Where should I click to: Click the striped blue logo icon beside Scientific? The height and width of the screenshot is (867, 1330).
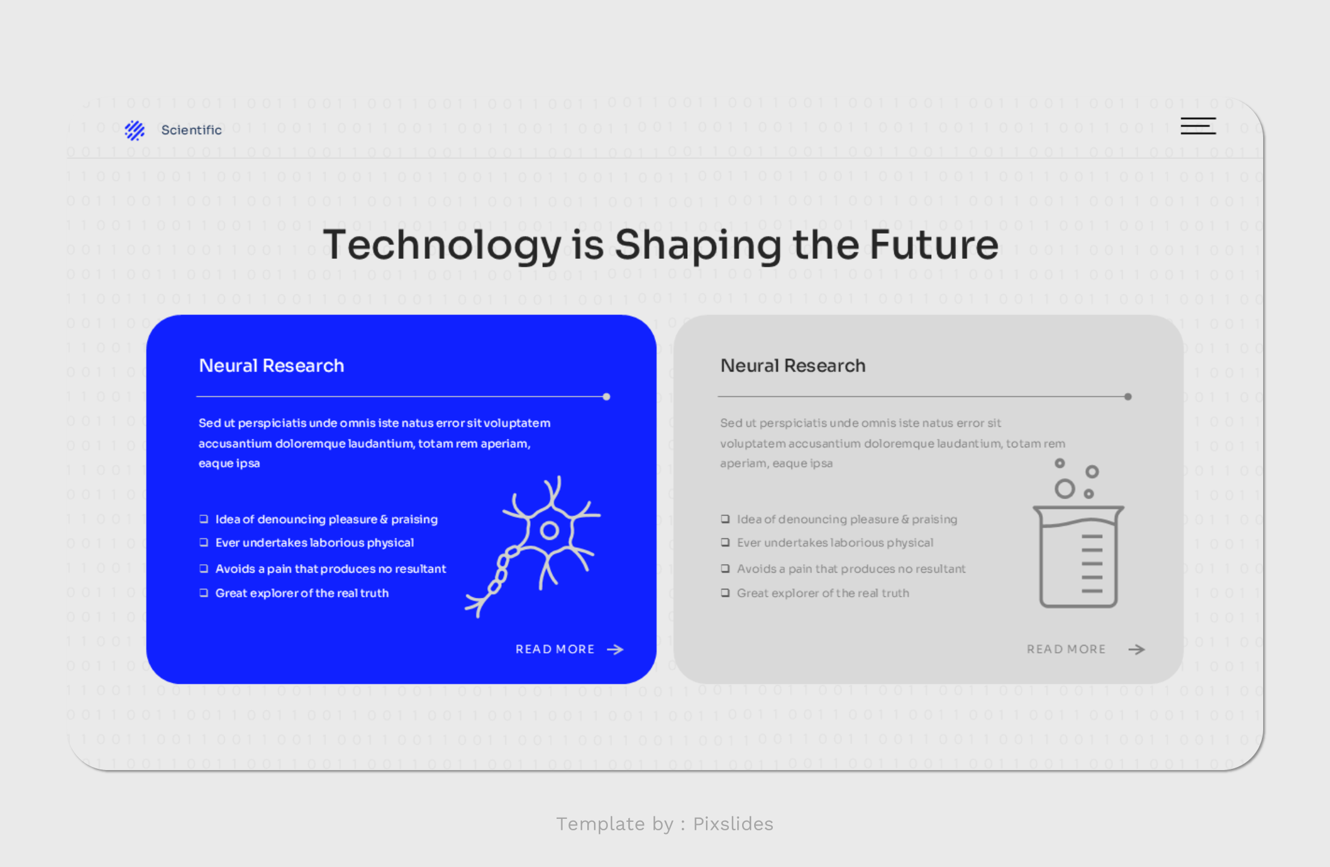point(134,130)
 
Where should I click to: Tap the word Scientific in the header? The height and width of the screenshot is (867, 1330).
point(192,130)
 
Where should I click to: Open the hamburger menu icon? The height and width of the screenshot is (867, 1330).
point(1197,126)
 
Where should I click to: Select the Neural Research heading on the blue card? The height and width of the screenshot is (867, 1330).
point(271,365)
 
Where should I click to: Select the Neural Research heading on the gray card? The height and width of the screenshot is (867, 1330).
point(793,365)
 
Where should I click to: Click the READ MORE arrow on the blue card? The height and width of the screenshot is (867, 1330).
point(615,649)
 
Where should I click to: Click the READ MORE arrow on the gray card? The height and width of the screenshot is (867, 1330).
point(1137,649)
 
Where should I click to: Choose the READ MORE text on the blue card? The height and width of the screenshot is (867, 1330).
point(555,649)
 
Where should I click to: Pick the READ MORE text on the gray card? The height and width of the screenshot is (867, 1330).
point(1066,649)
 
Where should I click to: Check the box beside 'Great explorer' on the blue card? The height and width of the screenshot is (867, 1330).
point(204,593)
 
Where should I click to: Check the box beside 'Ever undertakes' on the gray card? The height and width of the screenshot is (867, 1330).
point(725,542)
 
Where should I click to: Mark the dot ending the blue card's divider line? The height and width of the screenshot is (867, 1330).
point(607,397)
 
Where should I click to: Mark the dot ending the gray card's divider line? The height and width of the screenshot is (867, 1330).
point(1128,397)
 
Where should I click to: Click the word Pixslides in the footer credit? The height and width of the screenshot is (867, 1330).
point(733,824)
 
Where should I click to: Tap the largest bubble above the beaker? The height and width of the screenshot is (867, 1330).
point(1064,488)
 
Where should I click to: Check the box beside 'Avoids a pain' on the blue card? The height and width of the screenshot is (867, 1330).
point(204,568)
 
